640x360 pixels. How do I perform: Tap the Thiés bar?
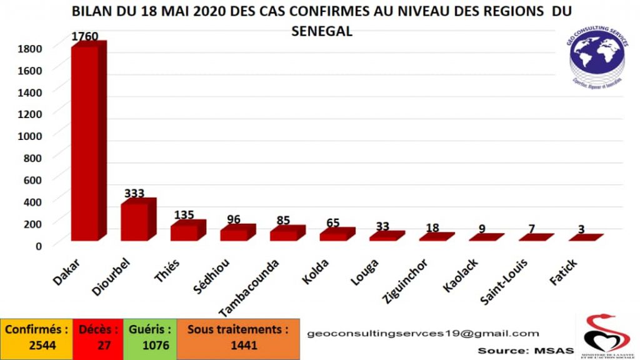[x=184, y=232]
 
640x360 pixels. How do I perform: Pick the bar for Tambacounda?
[x=284, y=235]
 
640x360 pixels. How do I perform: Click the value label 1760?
[x=84, y=36]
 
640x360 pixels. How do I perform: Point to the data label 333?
[x=135, y=192]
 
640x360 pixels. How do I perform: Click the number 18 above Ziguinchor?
[x=432, y=228]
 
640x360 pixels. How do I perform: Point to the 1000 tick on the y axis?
[x=30, y=136]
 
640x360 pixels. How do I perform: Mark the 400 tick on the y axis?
[x=33, y=201]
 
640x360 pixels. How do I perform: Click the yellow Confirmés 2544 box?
[x=36, y=337]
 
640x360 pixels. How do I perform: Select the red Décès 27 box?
[x=97, y=337]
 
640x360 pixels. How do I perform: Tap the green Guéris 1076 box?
[x=150, y=337]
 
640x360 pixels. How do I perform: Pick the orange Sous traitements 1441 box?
[x=238, y=337]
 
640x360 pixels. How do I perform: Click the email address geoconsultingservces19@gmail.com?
[x=423, y=334]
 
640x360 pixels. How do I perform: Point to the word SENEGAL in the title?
[x=322, y=31]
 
